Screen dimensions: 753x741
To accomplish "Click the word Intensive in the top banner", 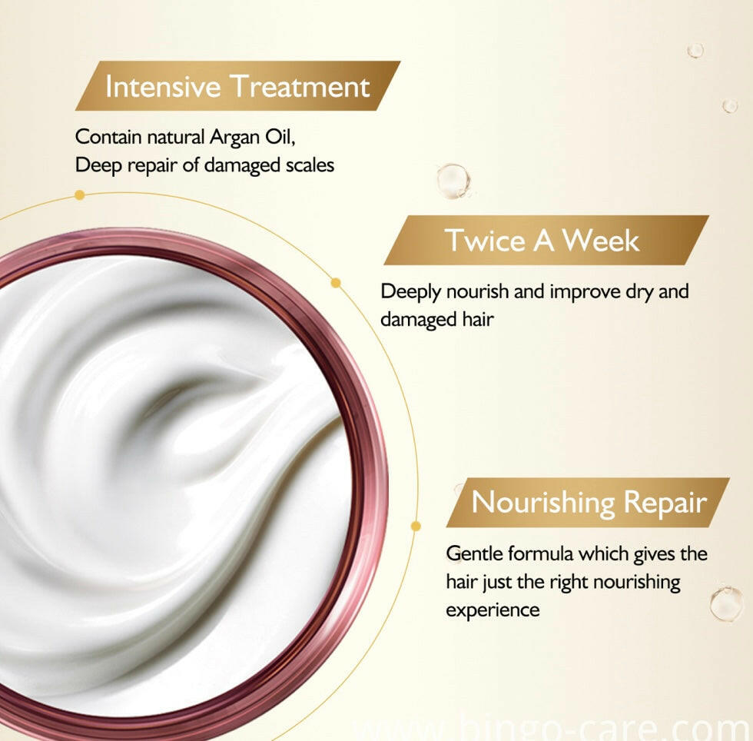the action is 163,87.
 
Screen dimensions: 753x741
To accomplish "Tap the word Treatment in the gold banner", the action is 300,87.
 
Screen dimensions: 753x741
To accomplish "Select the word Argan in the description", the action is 235,138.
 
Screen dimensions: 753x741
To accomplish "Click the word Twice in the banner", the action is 486,240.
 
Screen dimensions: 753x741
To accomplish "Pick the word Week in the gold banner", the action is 600,240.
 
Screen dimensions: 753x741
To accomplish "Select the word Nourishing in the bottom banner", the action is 543,503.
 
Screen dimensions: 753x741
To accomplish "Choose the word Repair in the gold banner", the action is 665,503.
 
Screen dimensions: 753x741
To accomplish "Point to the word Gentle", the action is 475,554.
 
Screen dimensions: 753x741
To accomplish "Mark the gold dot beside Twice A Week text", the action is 337,283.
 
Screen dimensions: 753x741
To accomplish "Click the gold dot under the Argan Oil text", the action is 80,194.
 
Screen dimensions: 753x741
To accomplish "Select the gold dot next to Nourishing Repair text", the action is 416,527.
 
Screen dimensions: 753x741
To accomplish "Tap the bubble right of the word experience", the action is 727,603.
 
